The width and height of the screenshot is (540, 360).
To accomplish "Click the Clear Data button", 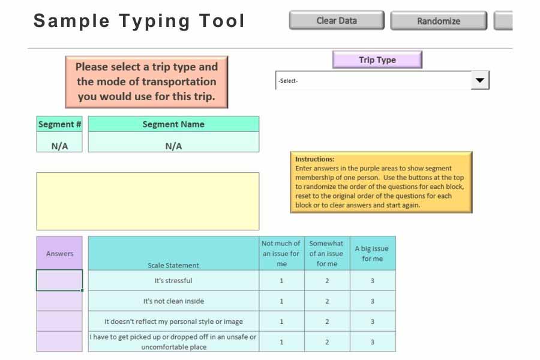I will click(336, 20).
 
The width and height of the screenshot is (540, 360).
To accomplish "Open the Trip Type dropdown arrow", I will click(480, 80).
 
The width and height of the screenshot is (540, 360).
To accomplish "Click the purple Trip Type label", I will click(377, 60).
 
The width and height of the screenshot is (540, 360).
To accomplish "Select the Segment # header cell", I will click(59, 124).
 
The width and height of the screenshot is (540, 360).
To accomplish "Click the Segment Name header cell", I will click(173, 124).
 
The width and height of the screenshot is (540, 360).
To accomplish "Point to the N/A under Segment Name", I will click(173, 146).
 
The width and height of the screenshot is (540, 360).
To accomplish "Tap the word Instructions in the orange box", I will click(315, 160).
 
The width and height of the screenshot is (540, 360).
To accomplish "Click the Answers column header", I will click(59, 253).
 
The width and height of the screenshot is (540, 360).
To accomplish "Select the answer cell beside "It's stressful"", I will click(59, 280).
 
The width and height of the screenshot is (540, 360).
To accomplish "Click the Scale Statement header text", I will click(173, 265).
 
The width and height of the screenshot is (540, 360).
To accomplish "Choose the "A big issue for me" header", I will click(372, 253).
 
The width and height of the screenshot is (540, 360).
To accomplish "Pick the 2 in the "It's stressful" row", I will click(327, 281).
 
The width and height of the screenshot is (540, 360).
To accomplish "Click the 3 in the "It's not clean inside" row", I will click(373, 301).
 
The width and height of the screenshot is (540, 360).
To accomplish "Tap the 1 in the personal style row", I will click(282, 322).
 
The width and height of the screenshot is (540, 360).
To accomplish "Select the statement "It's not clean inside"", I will click(173, 301).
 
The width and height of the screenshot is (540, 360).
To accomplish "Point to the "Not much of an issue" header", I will click(281, 253).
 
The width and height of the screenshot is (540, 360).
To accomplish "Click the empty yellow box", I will click(148, 201).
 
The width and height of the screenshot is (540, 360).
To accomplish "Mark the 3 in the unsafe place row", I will click(373, 342).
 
